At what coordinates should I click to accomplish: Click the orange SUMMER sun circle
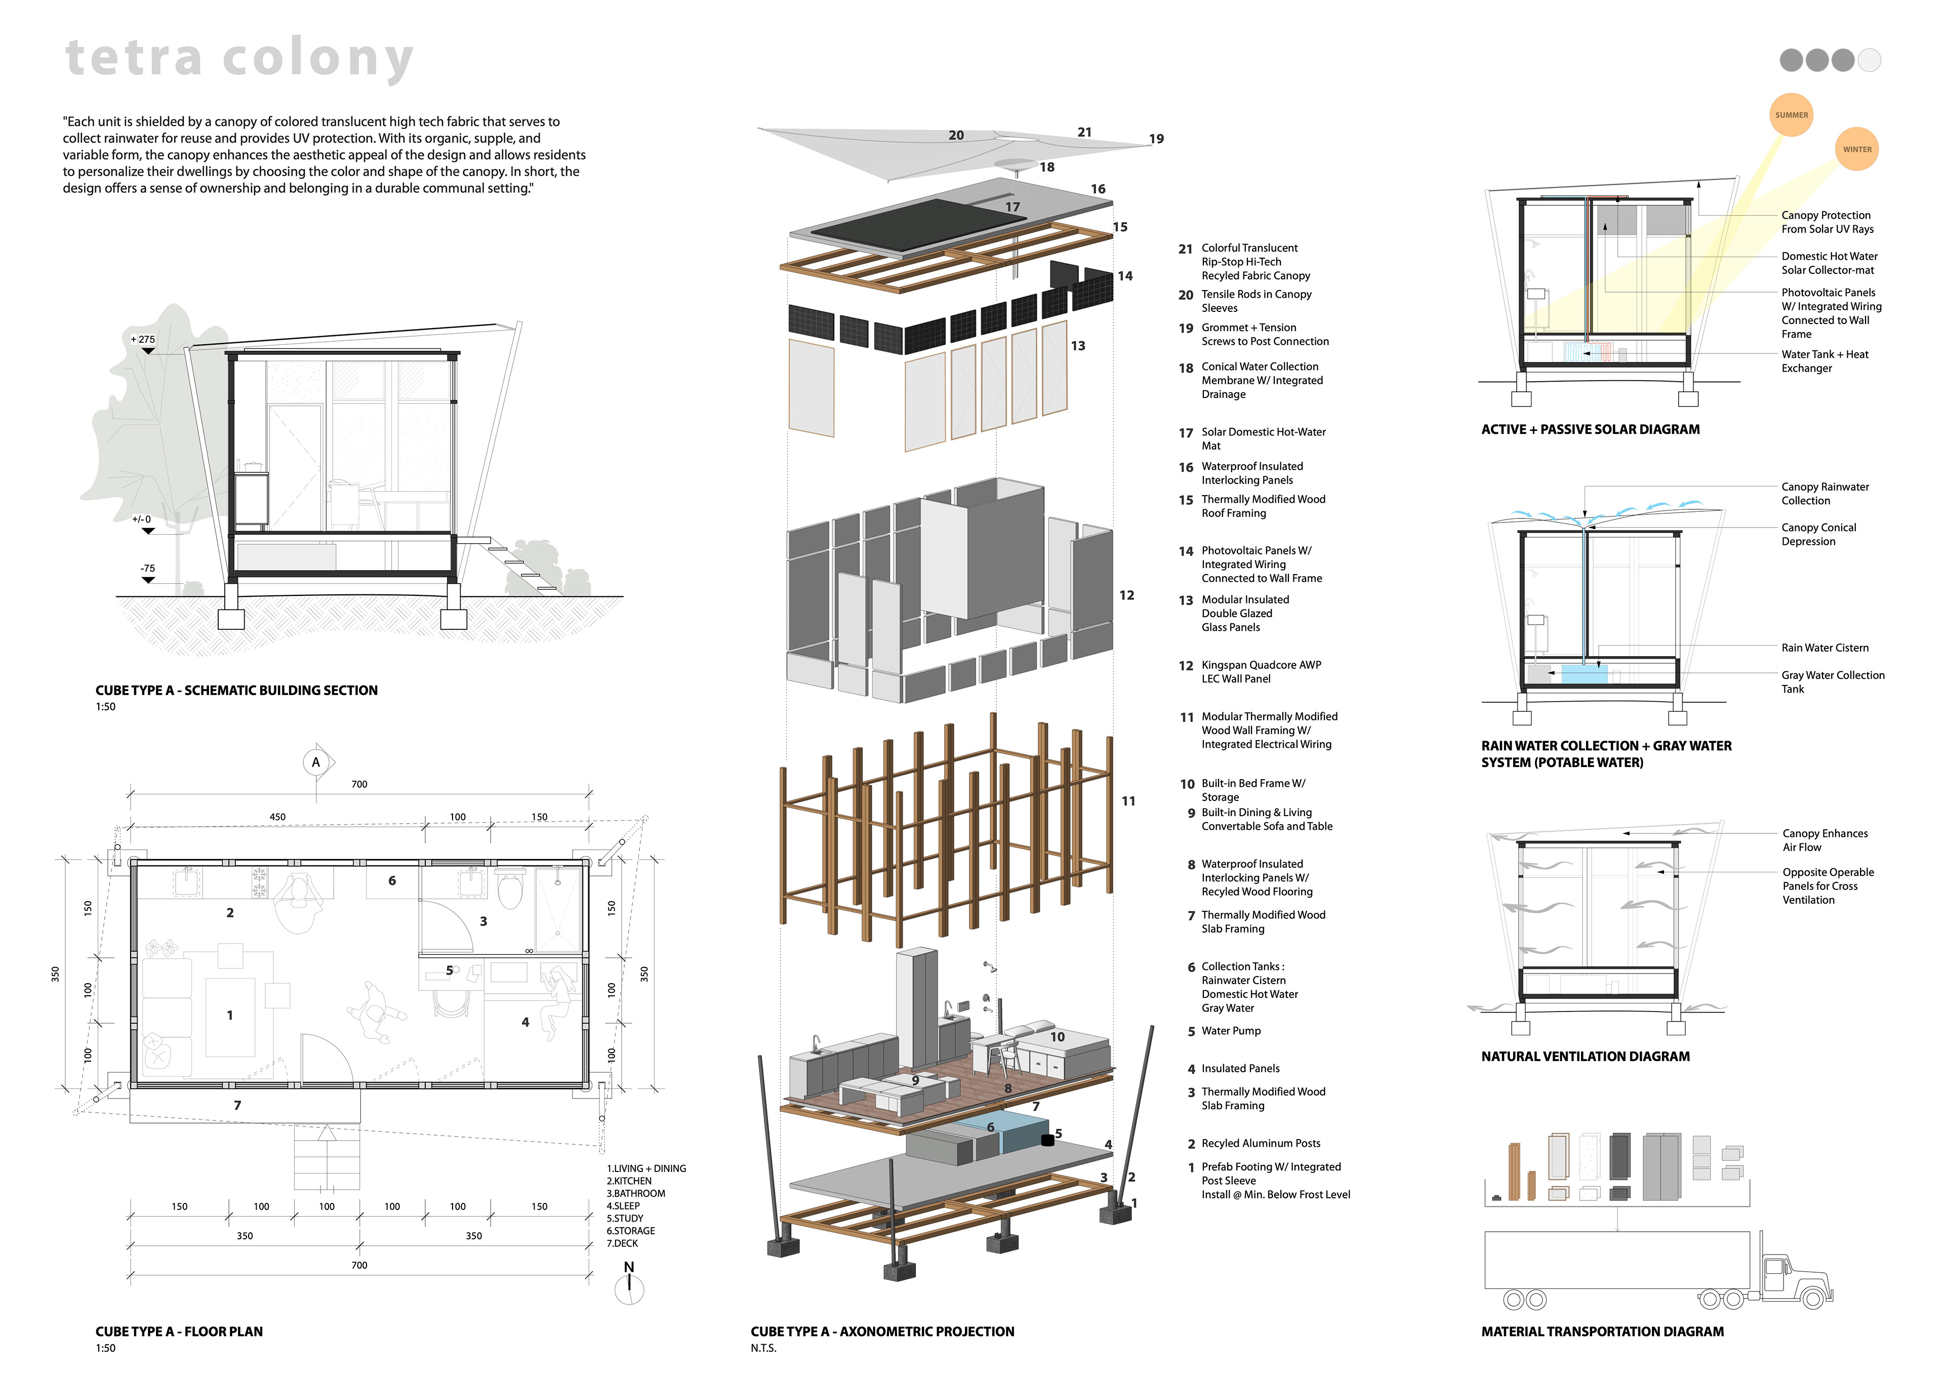[x=1791, y=115]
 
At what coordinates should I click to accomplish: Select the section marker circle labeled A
[x=316, y=762]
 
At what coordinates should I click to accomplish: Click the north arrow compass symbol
[x=629, y=1288]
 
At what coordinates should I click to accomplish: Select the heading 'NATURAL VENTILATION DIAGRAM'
[x=1585, y=1056]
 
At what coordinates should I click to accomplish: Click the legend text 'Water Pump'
[x=1230, y=1030]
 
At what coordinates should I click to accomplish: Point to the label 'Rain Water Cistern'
[x=1825, y=648]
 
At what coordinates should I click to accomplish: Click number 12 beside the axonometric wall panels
[x=1126, y=595]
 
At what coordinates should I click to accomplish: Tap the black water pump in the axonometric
[x=1047, y=1140]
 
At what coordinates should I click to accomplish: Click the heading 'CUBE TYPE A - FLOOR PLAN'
[x=179, y=1331]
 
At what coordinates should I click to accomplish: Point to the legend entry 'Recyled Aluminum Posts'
[x=1260, y=1143]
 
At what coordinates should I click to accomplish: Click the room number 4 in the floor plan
[x=525, y=1022]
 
